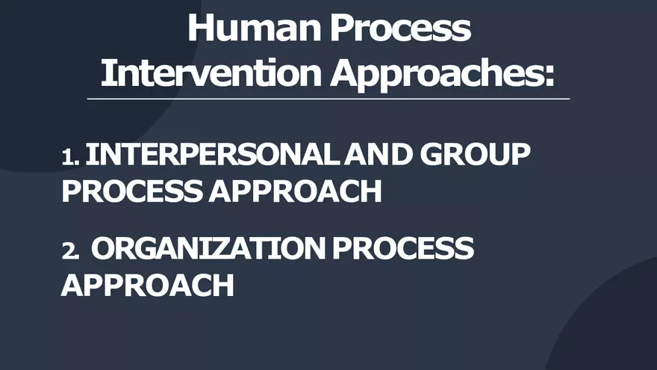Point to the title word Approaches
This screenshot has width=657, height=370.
tap(436, 73)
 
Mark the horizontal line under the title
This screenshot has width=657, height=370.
tap(328, 99)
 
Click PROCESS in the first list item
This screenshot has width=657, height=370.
tap(131, 191)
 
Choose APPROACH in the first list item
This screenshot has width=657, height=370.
tap(295, 191)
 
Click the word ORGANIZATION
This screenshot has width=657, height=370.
tap(208, 248)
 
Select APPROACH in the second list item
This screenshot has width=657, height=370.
tap(147, 284)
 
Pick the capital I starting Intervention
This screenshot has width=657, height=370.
tap(106, 73)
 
